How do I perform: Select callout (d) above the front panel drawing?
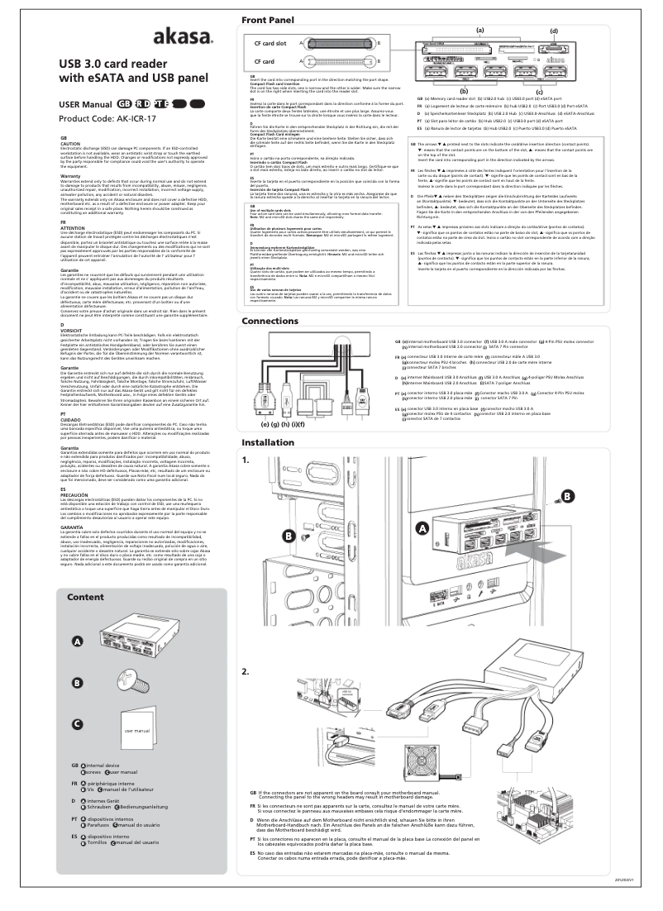pyautogui.click(x=553, y=31)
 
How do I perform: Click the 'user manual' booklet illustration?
pyautogui.click(x=136, y=732)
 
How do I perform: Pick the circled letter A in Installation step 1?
pyautogui.click(x=422, y=504)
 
